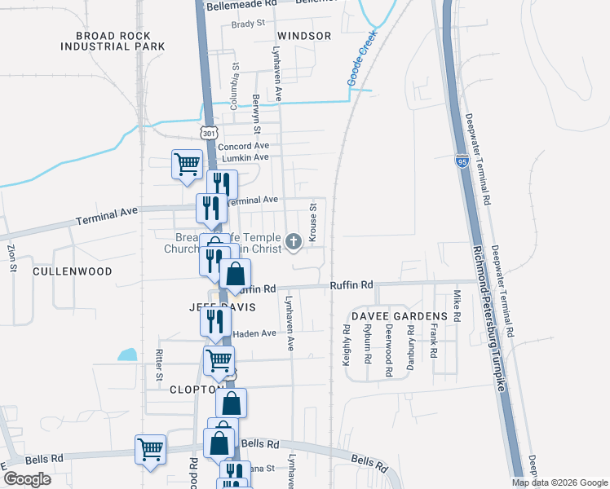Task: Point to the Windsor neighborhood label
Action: point(304,36)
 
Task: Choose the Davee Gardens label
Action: point(400,315)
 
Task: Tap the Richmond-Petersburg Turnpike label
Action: point(486,322)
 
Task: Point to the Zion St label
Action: point(12,258)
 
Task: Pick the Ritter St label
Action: point(159,366)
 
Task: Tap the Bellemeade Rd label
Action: point(242,4)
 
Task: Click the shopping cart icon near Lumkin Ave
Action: point(187,165)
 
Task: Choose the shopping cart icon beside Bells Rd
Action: point(151,449)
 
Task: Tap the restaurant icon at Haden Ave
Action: point(215,321)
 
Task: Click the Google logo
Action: point(27,479)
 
